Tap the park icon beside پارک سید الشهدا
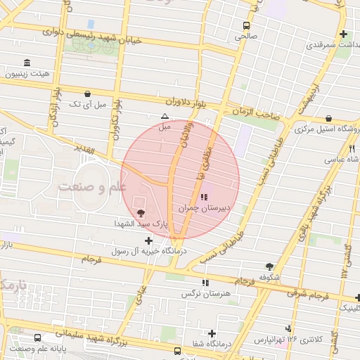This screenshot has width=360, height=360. pos(141,212)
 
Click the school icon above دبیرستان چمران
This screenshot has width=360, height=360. pos(204,197)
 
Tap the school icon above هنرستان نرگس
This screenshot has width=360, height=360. pos(205,283)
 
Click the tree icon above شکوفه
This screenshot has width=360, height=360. pos(269,266)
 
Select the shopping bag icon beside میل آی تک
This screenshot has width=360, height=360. pos(87,94)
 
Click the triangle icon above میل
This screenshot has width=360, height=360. pos(165,116)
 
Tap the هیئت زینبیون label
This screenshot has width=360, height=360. pos(27,73)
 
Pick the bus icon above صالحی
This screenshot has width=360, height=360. pos(245,24)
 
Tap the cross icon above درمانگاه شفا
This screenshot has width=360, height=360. pos(212,333)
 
